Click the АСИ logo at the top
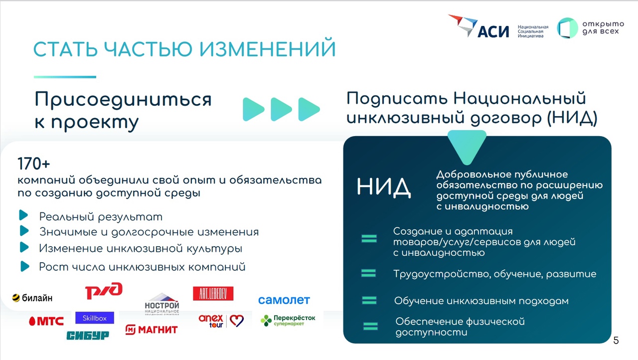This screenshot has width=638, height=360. click(478, 26)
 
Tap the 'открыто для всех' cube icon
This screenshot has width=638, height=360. click(567, 28)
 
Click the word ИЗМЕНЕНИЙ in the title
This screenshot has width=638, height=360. click(268, 49)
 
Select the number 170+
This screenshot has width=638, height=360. click(33, 164)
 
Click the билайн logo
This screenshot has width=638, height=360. click(32, 298)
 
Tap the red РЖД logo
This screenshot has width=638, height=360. click(104, 291)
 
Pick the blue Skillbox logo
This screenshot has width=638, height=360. click(95, 318)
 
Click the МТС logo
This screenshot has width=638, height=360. click(46, 321)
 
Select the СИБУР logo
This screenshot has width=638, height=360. click(88, 335)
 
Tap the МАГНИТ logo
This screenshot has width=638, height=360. click(152, 330)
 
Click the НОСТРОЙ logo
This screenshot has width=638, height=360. click(162, 304)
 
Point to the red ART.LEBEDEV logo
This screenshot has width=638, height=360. click(213, 294)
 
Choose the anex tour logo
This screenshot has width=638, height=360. click(221, 321)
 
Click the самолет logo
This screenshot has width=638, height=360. click(284, 300)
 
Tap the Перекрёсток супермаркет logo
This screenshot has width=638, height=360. click(288, 320)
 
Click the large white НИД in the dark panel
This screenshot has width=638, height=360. click(384, 187)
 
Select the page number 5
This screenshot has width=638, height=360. click(616, 341)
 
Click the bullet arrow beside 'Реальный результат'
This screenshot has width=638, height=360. click(23, 215)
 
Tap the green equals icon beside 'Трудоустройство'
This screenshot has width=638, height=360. click(368, 273)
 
